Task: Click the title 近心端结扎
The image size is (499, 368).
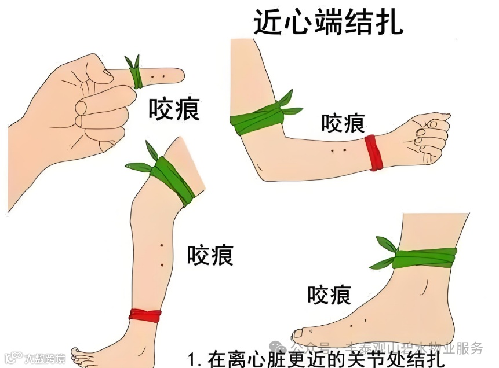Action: pos(327,21)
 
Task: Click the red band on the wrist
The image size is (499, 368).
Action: pos(374,152)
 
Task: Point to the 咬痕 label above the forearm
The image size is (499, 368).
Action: pos(343,123)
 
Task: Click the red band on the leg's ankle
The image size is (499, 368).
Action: pos(145,315)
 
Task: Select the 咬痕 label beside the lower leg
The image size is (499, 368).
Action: pos(210,255)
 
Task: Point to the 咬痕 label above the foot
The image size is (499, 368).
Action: pos(329,296)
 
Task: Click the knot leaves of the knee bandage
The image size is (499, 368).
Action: pos(143,163)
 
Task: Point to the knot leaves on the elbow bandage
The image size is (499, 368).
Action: pos(290,104)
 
